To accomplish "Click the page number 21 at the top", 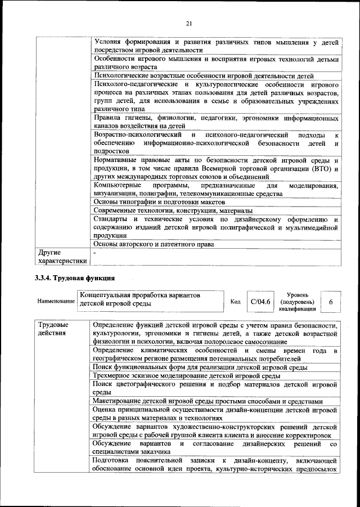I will click(189, 23).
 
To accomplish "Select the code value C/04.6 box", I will click(260, 302).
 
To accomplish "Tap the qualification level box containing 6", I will click(331, 302).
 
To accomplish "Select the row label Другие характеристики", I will click(61, 257).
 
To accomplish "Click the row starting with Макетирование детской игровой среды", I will click(208, 401).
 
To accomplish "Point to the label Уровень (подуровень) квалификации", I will click(296, 302).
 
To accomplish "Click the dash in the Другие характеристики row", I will click(95, 253).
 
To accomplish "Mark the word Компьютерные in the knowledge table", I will click(116, 186).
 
